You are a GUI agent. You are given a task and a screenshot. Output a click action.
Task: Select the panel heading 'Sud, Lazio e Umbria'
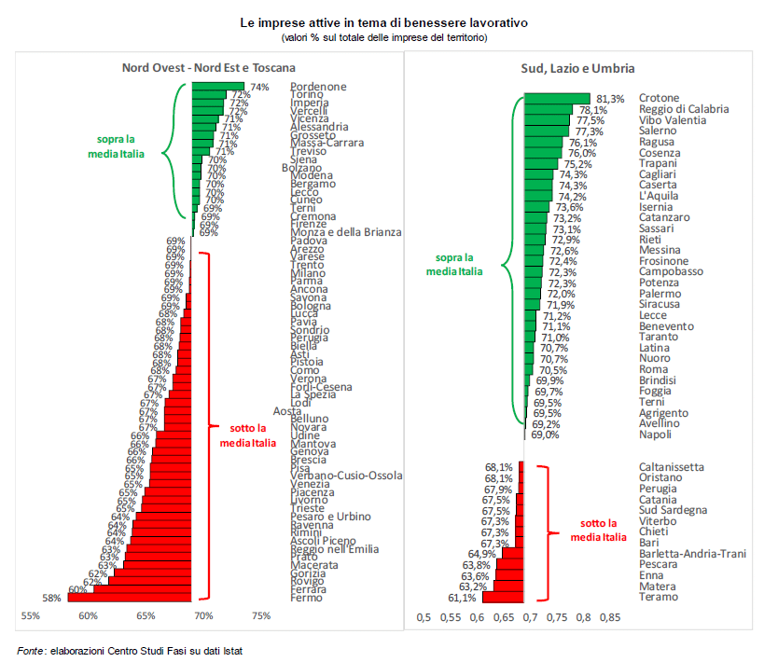point(577,67)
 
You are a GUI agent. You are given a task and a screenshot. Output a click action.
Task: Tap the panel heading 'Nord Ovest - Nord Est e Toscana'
point(209,67)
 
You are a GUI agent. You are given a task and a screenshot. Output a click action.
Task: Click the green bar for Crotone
point(556,98)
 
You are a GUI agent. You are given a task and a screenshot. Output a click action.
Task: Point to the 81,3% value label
point(611,98)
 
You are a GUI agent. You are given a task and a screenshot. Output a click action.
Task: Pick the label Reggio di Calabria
point(684,109)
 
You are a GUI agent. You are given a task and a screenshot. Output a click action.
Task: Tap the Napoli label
point(656,434)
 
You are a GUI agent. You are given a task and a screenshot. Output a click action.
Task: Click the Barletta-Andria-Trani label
point(692,554)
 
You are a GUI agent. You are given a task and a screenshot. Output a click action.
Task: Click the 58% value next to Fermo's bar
point(53,598)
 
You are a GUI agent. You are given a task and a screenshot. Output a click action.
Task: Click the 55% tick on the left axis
point(31,615)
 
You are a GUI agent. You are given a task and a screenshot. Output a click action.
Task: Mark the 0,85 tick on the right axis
point(609,616)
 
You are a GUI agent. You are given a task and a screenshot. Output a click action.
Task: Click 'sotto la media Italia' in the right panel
point(598,530)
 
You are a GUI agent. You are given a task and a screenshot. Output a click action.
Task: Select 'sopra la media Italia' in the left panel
point(121,145)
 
